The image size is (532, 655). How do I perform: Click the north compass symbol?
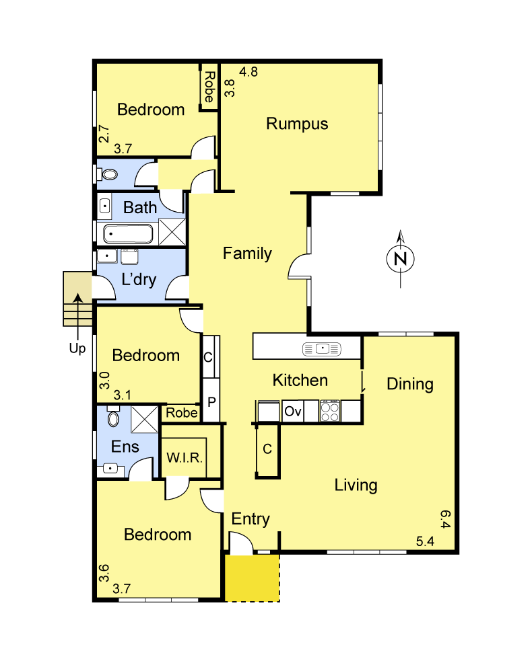[401, 258]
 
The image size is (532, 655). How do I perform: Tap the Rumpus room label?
[297, 124]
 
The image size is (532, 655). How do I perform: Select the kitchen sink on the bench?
[323, 348]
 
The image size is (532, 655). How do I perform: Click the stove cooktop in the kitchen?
[330, 411]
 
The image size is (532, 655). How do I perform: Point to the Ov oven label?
[292, 411]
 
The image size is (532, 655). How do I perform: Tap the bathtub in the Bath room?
[128, 235]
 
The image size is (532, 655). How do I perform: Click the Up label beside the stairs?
[78, 349]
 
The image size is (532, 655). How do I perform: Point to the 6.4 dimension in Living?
[445, 519]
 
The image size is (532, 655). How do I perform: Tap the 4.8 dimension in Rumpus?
[248, 71]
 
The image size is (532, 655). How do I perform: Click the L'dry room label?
[138, 279]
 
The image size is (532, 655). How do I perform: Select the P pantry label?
[211, 402]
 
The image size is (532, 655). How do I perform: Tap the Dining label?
[409, 384]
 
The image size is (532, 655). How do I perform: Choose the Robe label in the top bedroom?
[209, 87]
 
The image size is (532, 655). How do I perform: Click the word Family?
[247, 254]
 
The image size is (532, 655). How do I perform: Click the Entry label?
[251, 518]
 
